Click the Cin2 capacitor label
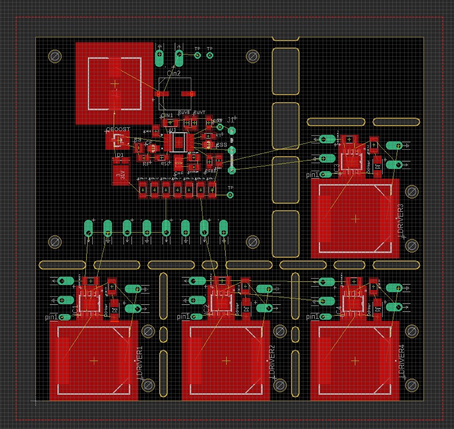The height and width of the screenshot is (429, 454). coord(174,73)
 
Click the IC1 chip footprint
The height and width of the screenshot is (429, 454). coord(89,302)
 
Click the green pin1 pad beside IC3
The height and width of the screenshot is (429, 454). coord(325,174)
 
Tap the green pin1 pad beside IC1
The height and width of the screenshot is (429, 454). coord(64,317)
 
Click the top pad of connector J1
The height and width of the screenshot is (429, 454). coord(232,131)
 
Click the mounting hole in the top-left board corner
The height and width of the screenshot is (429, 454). coord(54,56)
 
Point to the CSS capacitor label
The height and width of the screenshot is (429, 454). coord(221,145)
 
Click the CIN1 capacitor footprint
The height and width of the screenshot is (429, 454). coord(167,124)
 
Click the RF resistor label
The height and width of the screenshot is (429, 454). coord(146,164)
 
